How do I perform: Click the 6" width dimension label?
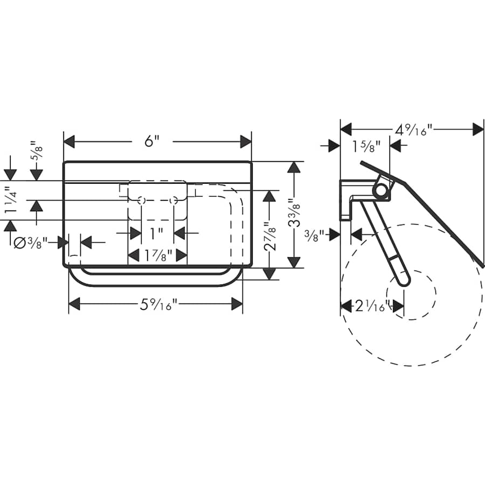pos(153,142)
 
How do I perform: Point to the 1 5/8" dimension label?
pos(366,146)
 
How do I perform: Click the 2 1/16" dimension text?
pos(372,307)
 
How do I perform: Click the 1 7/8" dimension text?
pos(157,255)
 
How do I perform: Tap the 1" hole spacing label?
pos(157,233)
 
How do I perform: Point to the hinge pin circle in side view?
pos(380,190)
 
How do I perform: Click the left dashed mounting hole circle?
pos(141,200)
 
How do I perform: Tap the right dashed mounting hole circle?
pos(174,200)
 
